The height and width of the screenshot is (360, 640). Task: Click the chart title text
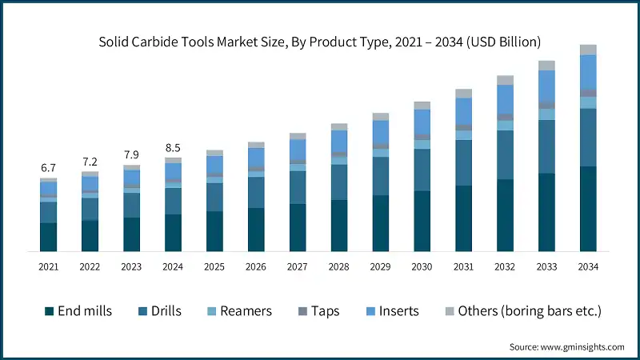point(319,41)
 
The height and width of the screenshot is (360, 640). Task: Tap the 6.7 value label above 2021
point(49,168)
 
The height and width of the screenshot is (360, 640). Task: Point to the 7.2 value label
point(90,162)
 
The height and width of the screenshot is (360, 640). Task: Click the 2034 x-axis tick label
point(589,266)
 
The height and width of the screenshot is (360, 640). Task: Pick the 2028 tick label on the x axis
point(339,266)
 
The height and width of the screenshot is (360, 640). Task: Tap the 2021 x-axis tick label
point(49,266)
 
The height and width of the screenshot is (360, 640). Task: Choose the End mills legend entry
point(78,310)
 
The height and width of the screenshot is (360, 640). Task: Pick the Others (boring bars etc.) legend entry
point(521,310)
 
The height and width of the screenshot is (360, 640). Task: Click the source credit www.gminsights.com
point(566,346)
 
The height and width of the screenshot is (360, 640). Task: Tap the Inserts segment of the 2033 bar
point(547,84)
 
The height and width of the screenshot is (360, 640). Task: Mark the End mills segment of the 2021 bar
point(49,237)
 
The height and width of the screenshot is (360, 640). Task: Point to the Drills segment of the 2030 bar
point(422,170)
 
